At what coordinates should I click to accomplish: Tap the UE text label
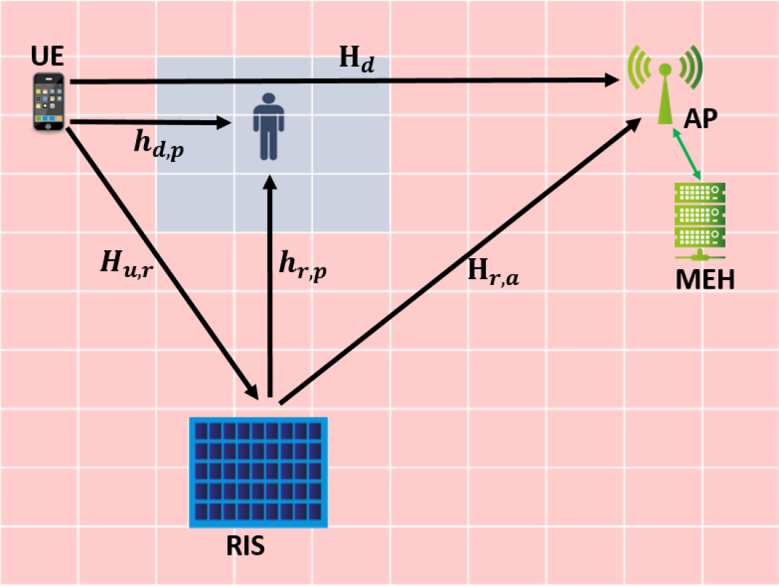point(48,59)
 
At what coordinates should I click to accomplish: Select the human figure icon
point(269,125)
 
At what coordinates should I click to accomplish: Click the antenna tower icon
point(665,83)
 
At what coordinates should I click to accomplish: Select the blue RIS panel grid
point(258,471)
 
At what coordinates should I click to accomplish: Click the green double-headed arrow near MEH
point(688,154)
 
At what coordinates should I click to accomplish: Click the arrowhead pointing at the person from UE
point(222,124)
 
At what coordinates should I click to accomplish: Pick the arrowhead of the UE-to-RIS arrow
point(252,388)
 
